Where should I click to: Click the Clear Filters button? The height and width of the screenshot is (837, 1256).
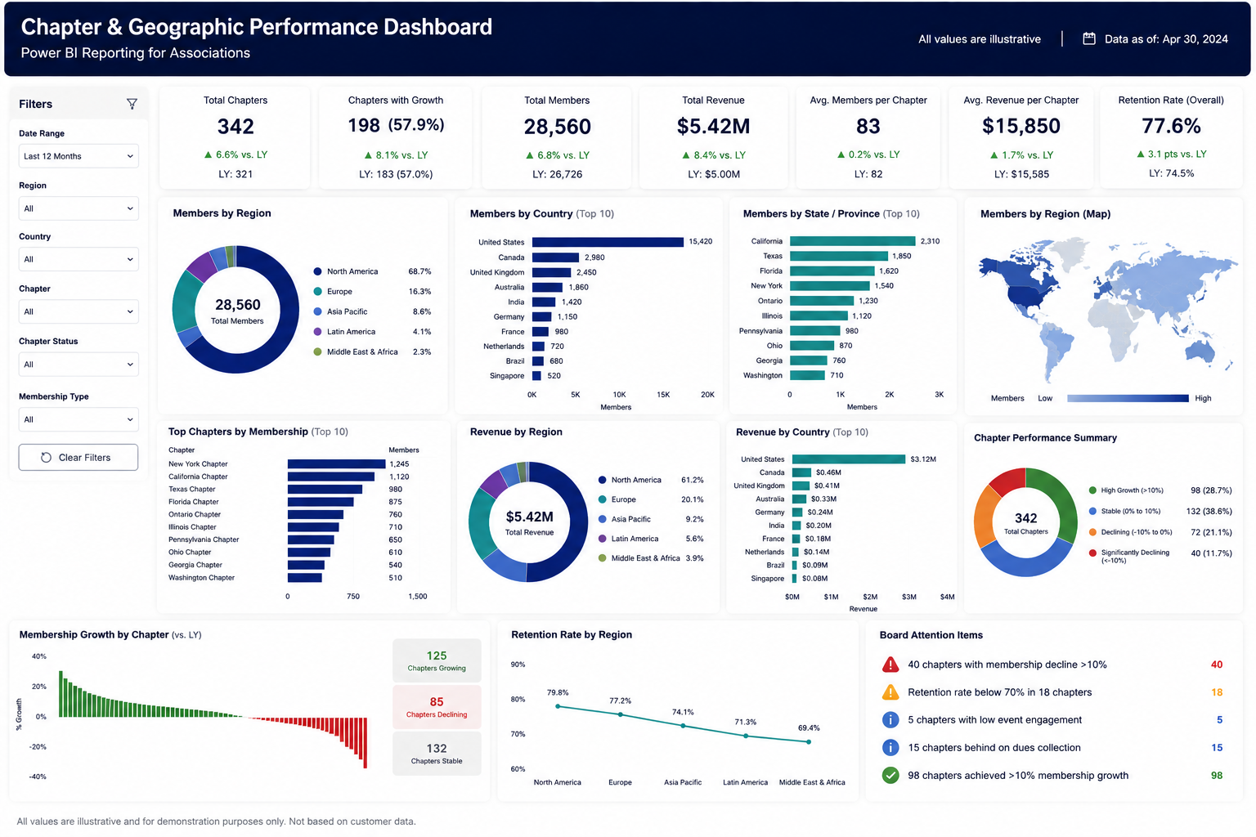tap(78, 458)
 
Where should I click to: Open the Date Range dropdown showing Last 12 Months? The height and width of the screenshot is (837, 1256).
tap(78, 156)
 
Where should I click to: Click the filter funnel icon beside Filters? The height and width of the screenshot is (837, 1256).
tap(132, 104)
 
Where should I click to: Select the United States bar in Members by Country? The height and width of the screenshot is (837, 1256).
tap(608, 242)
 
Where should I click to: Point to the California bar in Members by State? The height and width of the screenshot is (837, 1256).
tap(852, 241)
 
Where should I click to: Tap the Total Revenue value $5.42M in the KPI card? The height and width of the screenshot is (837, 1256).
tap(713, 126)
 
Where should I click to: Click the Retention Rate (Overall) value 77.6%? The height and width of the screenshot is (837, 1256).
tap(1171, 126)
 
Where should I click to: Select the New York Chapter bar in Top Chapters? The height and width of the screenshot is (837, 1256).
tap(336, 463)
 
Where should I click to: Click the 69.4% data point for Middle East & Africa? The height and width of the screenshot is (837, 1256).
tap(809, 741)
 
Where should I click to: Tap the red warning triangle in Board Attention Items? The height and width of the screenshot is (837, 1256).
tap(890, 665)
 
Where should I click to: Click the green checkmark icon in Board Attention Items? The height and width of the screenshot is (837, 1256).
tap(890, 776)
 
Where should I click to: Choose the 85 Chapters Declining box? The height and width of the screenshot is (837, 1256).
tap(437, 707)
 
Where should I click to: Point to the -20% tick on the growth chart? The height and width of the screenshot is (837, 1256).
tap(38, 747)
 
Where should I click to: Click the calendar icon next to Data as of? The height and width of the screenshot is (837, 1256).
tap(1089, 38)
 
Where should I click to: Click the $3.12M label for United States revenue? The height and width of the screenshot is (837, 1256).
tap(923, 459)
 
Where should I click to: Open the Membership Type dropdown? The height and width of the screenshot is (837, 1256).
tap(78, 419)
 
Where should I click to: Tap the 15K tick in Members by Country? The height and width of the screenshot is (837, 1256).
tap(663, 395)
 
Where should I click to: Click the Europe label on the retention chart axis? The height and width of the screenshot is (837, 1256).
tap(620, 782)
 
